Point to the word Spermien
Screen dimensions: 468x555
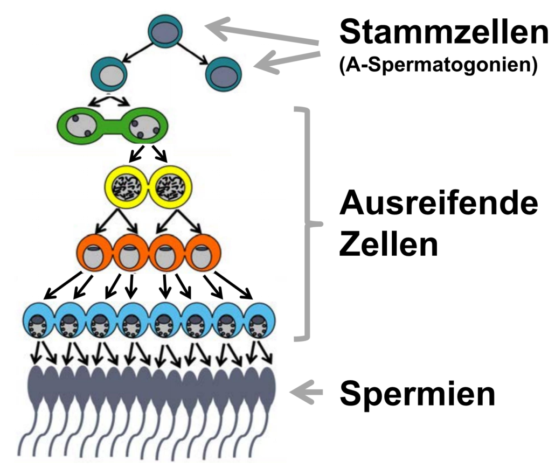point(417,394)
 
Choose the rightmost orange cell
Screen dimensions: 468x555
point(202,253)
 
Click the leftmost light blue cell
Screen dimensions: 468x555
point(38,322)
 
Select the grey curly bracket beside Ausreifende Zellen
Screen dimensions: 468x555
point(308,223)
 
